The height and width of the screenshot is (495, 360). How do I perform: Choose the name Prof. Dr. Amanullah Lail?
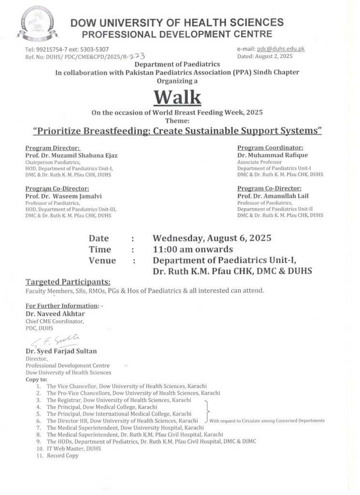tap(273, 196)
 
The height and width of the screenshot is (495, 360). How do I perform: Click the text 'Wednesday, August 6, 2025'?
tap(212, 238)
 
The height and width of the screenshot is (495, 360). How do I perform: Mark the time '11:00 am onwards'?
tap(193, 249)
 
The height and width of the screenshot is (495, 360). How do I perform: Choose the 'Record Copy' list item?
tap(62, 456)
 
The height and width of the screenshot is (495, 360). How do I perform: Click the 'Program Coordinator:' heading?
tap(270, 147)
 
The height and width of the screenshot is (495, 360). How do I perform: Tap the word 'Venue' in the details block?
tap(102, 261)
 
